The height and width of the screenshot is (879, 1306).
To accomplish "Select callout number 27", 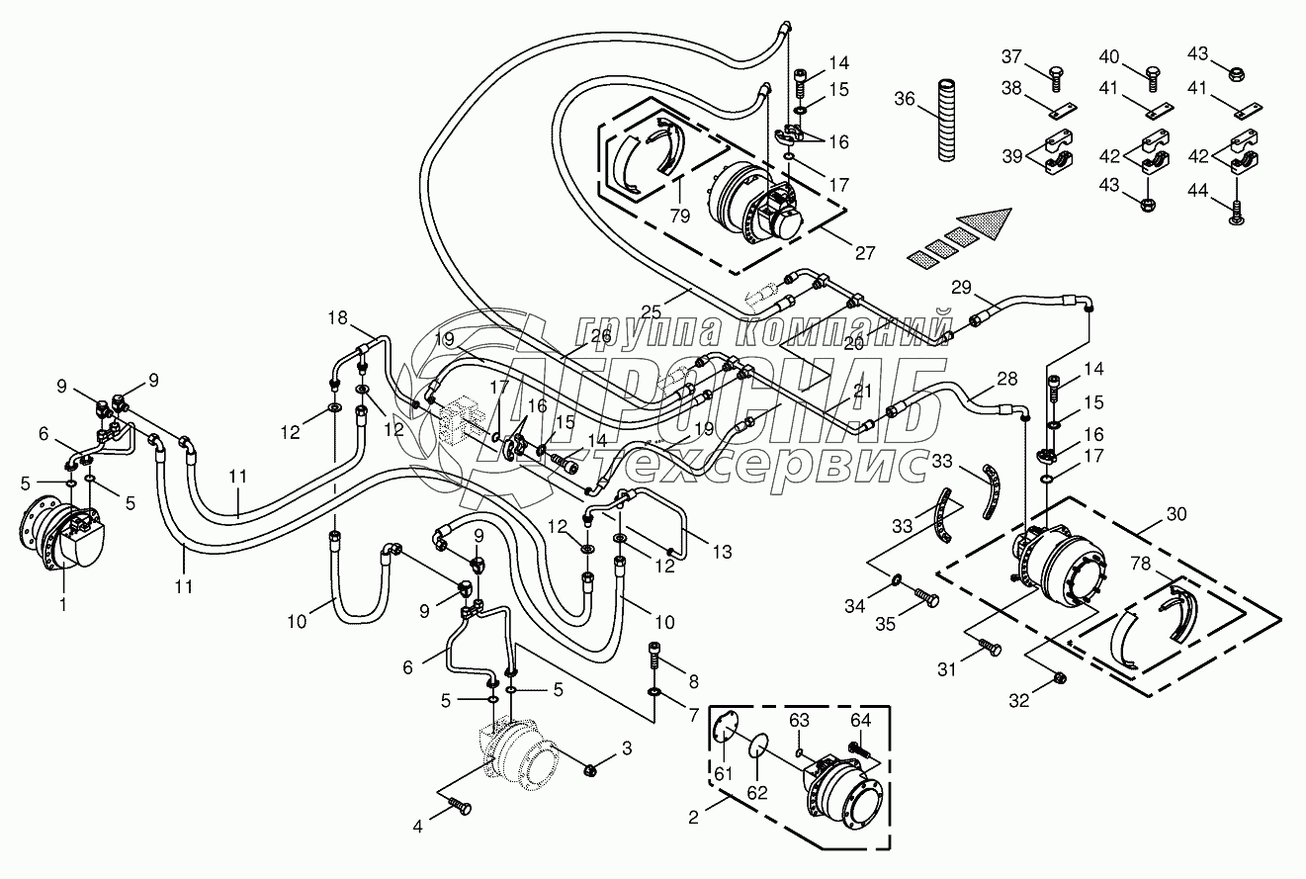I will click(x=864, y=252).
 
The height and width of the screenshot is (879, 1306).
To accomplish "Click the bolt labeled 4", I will click(x=461, y=808).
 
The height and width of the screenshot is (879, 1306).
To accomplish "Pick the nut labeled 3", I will click(x=590, y=769).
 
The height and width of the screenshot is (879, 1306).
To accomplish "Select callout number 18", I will click(x=339, y=317).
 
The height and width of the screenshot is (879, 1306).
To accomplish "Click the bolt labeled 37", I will click(x=1056, y=73).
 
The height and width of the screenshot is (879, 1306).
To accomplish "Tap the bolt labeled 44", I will click(x=1237, y=207).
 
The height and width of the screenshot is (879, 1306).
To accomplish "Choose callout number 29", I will click(x=962, y=288).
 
